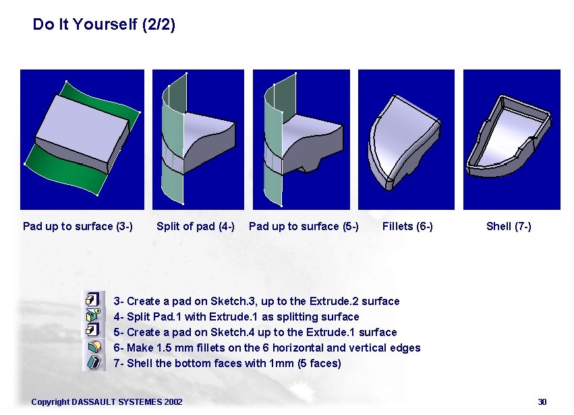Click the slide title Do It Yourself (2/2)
pyautogui.click(x=104, y=24)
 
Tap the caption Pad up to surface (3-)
pyautogui.click(x=78, y=226)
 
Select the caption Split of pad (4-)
pyautogui.click(x=196, y=226)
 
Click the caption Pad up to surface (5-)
pyautogui.click(x=304, y=226)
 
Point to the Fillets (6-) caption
pyautogui.click(x=407, y=226)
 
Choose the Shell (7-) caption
pyautogui.click(x=509, y=226)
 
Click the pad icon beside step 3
pyautogui.click(x=93, y=300)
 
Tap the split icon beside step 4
pyautogui.click(x=93, y=315)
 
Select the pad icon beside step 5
pyautogui.click(x=93, y=330)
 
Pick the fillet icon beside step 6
pyautogui.click(x=94, y=346)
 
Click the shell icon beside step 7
pyautogui.click(x=94, y=362)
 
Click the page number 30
pyautogui.click(x=542, y=402)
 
